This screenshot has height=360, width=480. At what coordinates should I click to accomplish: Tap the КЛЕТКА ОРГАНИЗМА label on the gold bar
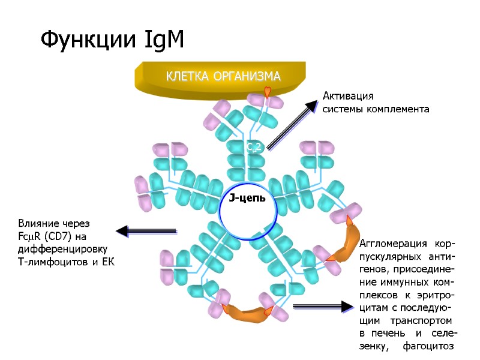click(x=223, y=76)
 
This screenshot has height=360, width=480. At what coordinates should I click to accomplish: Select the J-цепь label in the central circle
click(x=248, y=198)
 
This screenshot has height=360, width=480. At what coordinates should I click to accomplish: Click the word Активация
click(x=348, y=97)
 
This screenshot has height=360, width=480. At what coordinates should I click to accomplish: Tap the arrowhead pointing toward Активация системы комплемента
click(x=310, y=107)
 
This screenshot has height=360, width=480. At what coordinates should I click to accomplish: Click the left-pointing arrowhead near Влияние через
click(x=122, y=231)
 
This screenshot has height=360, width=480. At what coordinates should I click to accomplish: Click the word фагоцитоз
click(x=429, y=347)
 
